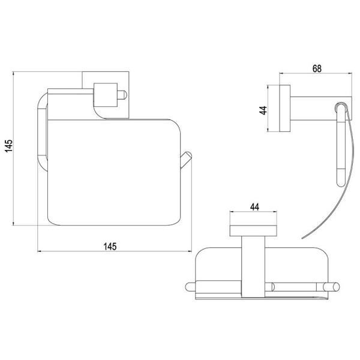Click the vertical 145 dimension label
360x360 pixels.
(9, 146)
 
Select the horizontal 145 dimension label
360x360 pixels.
(110, 247)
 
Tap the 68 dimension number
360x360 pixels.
(317, 68)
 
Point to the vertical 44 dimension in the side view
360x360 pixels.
(263, 110)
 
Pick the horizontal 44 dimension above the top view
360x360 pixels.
(254, 207)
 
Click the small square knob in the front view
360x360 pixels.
(106, 95)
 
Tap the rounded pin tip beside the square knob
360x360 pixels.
(122, 95)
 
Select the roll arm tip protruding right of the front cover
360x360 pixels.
(186, 160)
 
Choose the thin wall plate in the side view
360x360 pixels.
(284, 109)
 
